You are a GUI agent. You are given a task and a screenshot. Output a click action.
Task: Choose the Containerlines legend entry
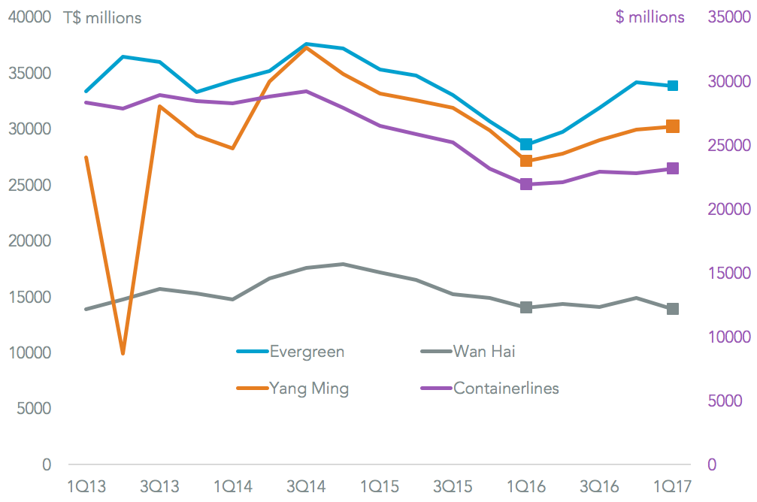tap(506, 388)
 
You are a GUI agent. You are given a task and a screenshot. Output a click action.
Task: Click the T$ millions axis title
tap(102, 17)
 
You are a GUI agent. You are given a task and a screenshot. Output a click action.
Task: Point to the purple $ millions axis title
tap(650, 17)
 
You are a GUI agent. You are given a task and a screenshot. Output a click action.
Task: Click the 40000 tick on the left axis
tap(29, 17)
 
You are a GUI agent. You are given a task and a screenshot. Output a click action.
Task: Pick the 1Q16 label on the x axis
tap(526, 487)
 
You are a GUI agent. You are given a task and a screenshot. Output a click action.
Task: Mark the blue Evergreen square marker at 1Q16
tap(526, 144)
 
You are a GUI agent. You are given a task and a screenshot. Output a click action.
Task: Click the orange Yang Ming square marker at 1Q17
tap(673, 126)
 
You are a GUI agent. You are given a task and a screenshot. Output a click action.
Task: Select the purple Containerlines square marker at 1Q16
tap(526, 184)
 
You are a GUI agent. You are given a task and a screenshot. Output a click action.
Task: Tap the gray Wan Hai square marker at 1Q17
tap(673, 309)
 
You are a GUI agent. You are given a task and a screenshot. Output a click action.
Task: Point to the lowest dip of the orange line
tap(123, 352)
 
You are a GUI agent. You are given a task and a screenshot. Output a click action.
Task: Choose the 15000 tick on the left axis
tap(29, 297)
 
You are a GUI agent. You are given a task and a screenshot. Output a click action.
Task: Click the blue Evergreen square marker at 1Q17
tap(673, 86)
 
